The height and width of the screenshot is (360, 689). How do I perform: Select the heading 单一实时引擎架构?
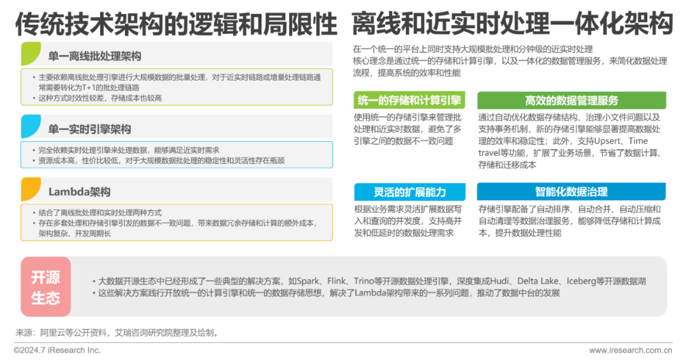89,129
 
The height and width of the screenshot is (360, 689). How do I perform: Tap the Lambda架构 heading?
80,191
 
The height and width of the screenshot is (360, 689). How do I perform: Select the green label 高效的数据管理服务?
572,100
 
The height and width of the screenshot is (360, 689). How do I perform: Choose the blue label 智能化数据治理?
572,192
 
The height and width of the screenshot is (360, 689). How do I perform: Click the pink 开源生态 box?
45,287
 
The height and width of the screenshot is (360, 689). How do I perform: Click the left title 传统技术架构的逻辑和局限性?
176,24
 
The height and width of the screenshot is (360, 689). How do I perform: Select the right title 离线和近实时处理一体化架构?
512,24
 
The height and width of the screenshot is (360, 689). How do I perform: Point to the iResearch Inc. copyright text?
57,350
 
